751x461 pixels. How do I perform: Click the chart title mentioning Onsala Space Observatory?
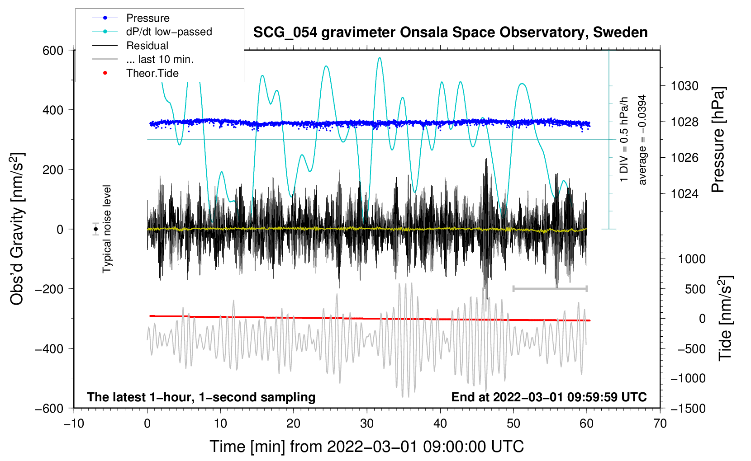pos(450,33)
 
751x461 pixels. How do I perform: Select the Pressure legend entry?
pos(147,18)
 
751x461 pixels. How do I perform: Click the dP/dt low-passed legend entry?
pos(169,32)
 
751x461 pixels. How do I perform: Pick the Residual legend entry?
pos(147,46)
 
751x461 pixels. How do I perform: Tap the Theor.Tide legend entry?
pos(152,73)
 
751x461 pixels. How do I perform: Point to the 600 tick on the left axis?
pos(53,51)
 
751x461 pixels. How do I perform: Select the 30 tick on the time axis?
pos(367,423)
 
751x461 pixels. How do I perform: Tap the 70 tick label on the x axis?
pos(660,423)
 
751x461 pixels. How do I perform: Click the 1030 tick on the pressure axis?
pos(684,86)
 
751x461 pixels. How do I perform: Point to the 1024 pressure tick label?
pos(684,194)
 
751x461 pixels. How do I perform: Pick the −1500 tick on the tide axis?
pos(688,408)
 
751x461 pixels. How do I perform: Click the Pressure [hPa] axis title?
pos(718,140)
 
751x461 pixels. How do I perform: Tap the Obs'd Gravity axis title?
pos(17,229)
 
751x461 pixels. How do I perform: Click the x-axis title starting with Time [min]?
pos(367,447)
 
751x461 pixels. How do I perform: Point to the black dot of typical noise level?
pos(96,229)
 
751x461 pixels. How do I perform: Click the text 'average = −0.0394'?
pos(642,140)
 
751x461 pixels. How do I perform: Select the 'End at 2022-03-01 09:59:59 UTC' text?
pos(549,397)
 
